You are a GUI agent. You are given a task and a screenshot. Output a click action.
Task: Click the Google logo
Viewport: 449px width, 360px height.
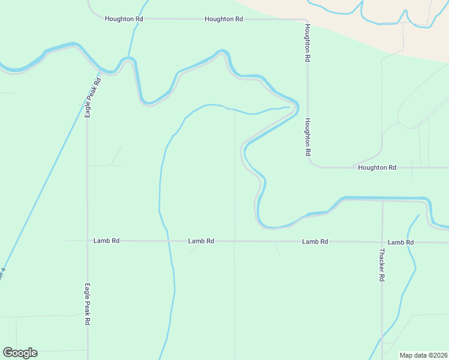20,353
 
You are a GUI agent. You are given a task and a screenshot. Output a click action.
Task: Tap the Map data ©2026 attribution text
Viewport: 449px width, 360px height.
423,355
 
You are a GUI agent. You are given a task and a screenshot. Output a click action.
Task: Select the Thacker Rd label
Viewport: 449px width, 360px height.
381,265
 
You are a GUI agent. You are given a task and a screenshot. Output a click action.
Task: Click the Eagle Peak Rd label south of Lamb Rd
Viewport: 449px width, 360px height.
87,304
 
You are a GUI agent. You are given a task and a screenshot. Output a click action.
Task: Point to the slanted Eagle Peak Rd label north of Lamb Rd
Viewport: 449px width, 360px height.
92,97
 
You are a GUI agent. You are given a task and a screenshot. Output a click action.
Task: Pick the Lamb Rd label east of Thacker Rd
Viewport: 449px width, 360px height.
400,242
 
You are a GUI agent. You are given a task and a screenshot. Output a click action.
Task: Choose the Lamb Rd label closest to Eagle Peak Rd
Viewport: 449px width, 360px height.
106,241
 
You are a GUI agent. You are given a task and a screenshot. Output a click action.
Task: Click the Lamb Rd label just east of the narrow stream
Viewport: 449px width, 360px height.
201,241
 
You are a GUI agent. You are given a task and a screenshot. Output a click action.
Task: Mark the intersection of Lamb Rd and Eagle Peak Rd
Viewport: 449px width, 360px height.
88,241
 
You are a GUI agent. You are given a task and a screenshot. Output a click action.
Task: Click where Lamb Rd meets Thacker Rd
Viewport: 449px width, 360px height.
382,242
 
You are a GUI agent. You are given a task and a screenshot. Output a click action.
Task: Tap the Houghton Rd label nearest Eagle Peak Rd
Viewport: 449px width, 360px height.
124,19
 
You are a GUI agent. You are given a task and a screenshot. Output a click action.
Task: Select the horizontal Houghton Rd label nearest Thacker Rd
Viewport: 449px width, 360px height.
377,167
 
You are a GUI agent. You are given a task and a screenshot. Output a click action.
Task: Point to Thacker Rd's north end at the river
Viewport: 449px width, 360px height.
382,201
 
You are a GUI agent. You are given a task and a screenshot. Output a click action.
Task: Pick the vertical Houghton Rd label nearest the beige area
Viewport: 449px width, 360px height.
307,43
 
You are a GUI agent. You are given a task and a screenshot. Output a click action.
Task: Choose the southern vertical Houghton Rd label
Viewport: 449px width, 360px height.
307,137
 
